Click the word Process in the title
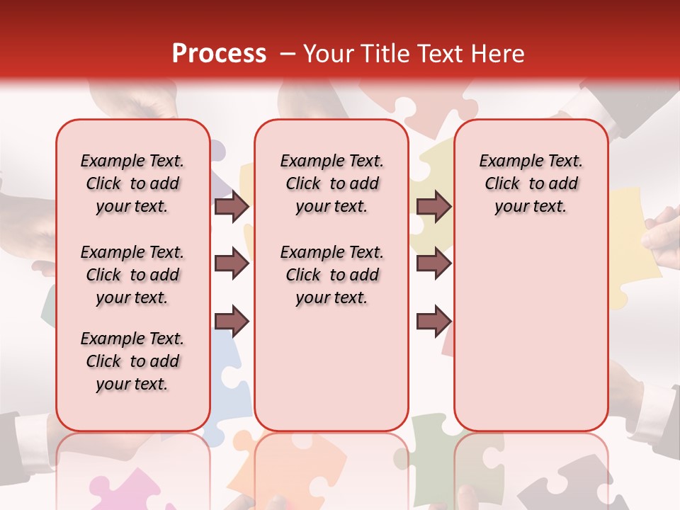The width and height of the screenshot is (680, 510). point(219,54)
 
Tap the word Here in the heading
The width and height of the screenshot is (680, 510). point(499,54)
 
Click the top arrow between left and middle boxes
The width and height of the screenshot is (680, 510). point(232,207)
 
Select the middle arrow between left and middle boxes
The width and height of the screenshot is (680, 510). point(232,263)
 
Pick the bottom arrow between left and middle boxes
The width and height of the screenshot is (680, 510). point(232,321)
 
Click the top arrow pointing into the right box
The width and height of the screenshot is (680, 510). point(433,207)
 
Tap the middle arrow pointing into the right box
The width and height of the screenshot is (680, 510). point(433,263)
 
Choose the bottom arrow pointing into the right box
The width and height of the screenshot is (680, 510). point(433,321)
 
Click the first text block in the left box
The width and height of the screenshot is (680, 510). point(132,183)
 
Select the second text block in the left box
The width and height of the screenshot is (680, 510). point(132,275)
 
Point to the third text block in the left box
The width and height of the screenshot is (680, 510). point(132,361)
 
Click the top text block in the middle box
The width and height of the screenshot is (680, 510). point(331,183)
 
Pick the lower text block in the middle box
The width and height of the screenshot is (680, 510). point(331,275)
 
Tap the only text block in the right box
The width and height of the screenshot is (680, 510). point(531,183)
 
